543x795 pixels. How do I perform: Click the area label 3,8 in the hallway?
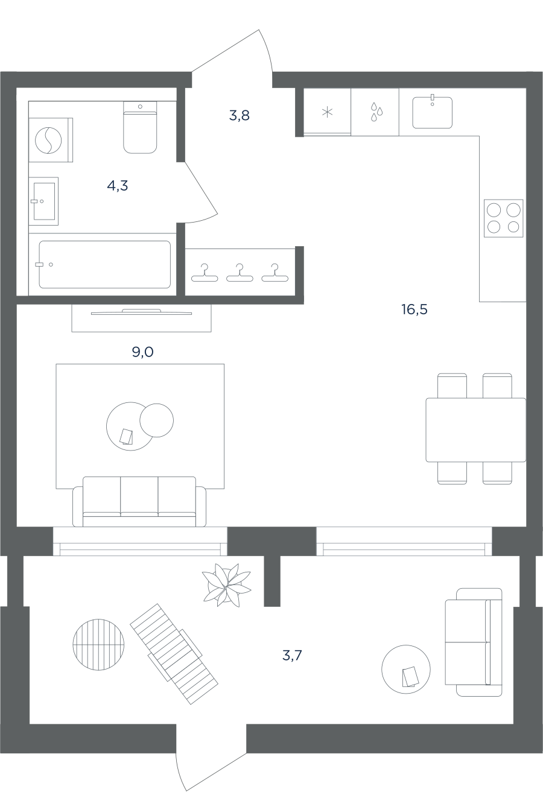point(239,115)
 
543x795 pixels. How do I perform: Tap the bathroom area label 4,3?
point(118,185)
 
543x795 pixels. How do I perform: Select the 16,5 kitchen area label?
point(414,309)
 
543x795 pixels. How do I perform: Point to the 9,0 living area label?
point(142,352)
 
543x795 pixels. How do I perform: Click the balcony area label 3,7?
point(292,656)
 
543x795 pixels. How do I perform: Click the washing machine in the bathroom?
point(51,140)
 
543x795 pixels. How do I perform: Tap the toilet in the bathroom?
point(140,127)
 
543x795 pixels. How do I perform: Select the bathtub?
point(104,264)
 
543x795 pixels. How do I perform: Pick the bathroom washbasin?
point(43,201)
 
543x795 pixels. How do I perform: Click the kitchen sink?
point(432,112)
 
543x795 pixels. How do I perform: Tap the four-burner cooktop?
point(503,218)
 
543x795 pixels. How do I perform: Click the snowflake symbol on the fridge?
point(327,113)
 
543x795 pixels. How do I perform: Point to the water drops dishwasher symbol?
point(376,112)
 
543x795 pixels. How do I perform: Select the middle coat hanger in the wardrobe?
point(240,273)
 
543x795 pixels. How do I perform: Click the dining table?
point(475,430)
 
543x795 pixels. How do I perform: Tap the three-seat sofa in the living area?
point(139,501)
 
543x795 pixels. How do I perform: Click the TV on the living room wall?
point(141,312)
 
